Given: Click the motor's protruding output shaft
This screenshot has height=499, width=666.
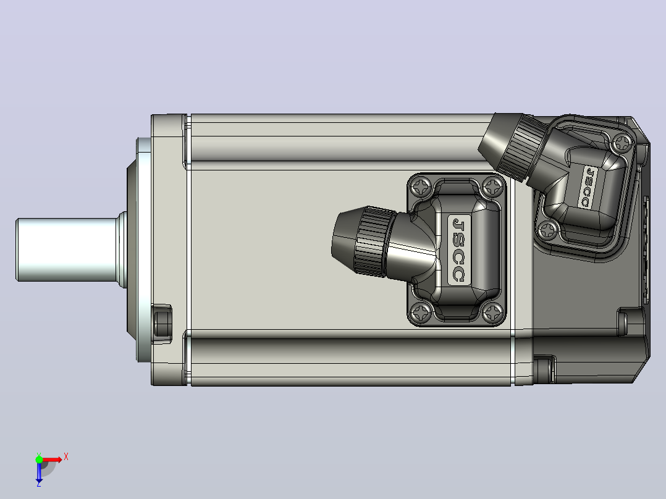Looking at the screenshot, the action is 67,249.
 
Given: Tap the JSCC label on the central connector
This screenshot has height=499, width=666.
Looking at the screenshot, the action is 459,249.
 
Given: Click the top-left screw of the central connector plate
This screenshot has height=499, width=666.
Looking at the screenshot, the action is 421,186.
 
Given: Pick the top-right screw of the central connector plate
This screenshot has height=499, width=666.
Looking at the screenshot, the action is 493,186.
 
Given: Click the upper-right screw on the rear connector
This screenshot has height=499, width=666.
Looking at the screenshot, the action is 623,143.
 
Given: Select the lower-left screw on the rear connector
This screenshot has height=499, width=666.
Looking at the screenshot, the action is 547,230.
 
